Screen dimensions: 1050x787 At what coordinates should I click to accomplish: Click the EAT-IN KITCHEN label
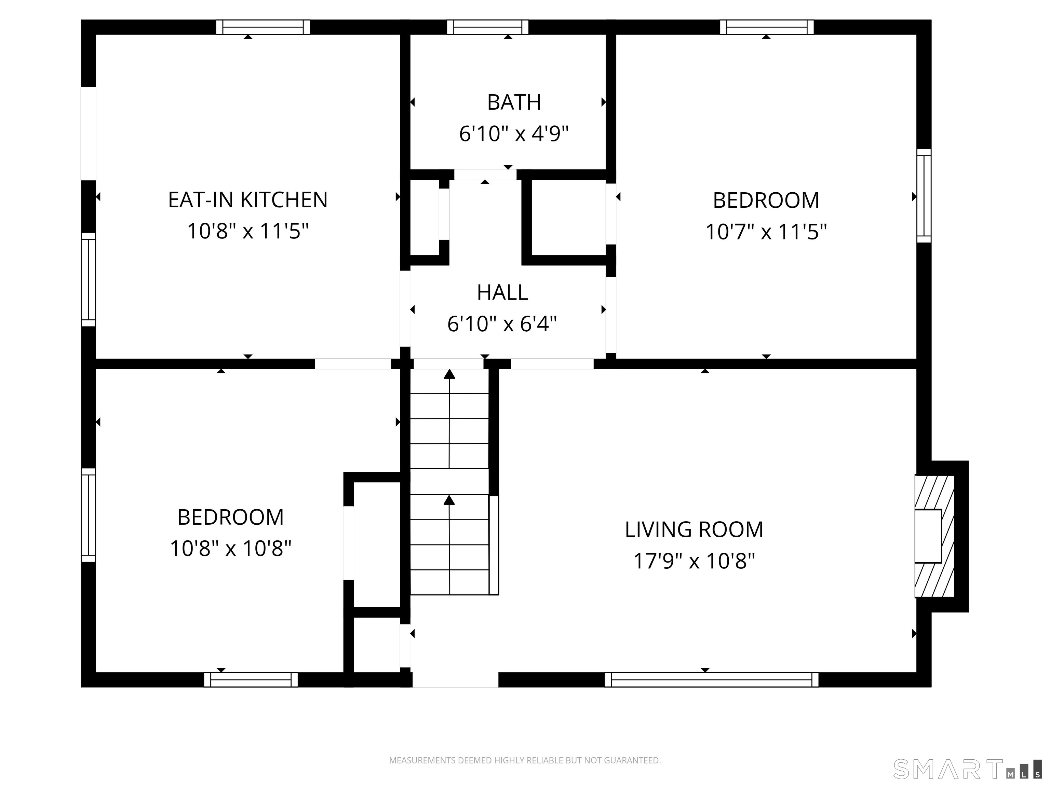click(x=248, y=200)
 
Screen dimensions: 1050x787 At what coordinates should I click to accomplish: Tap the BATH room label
click(x=514, y=102)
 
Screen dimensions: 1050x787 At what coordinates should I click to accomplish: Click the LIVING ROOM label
click(x=694, y=529)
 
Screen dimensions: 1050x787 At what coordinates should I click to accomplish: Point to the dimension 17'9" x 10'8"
click(x=694, y=561)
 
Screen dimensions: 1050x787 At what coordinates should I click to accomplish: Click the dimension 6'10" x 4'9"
click(x=514, y=134)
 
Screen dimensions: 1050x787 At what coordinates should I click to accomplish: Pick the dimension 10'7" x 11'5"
click(x=766, y=232)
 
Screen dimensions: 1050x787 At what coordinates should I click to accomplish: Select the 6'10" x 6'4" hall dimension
click(x=502, y=324)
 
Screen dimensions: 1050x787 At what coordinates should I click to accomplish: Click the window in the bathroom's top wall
click(x=487, y=27)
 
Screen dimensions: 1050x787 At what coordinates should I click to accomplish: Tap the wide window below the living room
click(x=712, y=679)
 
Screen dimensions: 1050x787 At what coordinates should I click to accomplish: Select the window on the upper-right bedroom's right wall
click(x=924, y=195)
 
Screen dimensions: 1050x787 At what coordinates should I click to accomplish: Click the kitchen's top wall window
click(x=263, y=27)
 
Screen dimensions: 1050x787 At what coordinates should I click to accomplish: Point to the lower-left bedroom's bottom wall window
click(x=251, y=679)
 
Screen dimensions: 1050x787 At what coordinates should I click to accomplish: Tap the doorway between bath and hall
click(x=485, y=174)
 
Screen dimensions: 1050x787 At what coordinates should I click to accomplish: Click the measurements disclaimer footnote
click(x=525, y=760)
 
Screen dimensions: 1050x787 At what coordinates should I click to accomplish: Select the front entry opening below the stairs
click(x=455, y=679)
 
